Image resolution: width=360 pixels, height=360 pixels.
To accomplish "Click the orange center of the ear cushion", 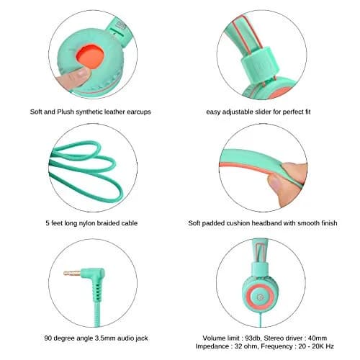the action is [x=90, y=56].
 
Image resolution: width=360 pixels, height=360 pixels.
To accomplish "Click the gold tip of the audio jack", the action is [x=72, y=273].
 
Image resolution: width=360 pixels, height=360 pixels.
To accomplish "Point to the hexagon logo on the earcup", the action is [x=260, y=297].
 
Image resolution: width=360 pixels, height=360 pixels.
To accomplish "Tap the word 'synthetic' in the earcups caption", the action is [x=92, y=112].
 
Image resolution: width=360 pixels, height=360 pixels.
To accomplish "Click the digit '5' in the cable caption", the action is [x=48, y=223].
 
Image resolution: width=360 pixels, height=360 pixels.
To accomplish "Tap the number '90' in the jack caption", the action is [x=48, y=338].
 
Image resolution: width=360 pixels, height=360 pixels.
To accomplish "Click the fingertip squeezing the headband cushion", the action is [x=276, y=184].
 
